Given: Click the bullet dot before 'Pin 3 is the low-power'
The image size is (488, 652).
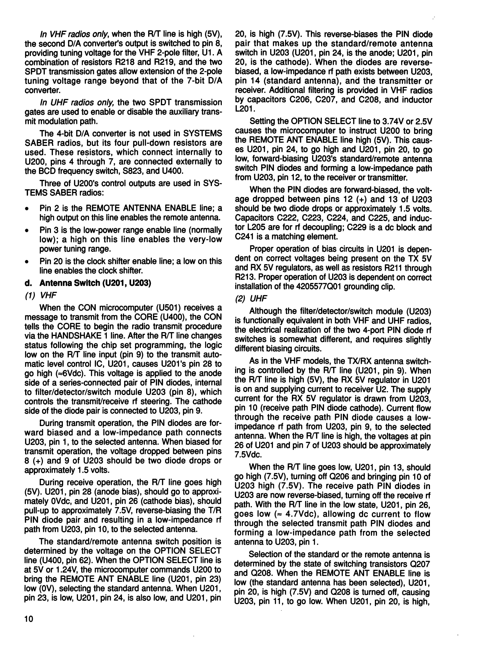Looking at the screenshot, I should (27, 230).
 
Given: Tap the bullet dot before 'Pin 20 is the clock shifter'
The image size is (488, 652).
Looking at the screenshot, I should (27, 261).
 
